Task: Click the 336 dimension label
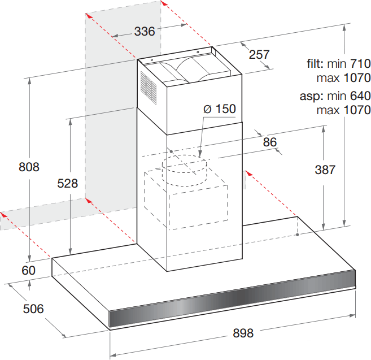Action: point(145,32)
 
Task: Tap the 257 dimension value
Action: point(259,54)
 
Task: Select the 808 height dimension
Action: point(29,167)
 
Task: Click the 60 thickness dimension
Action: point(28,271)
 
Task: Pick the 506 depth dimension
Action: point(33,309)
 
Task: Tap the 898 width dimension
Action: point(243,333)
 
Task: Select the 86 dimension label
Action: point(270,142)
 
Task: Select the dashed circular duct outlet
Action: point(185,168)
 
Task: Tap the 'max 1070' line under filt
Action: point(343,77)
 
